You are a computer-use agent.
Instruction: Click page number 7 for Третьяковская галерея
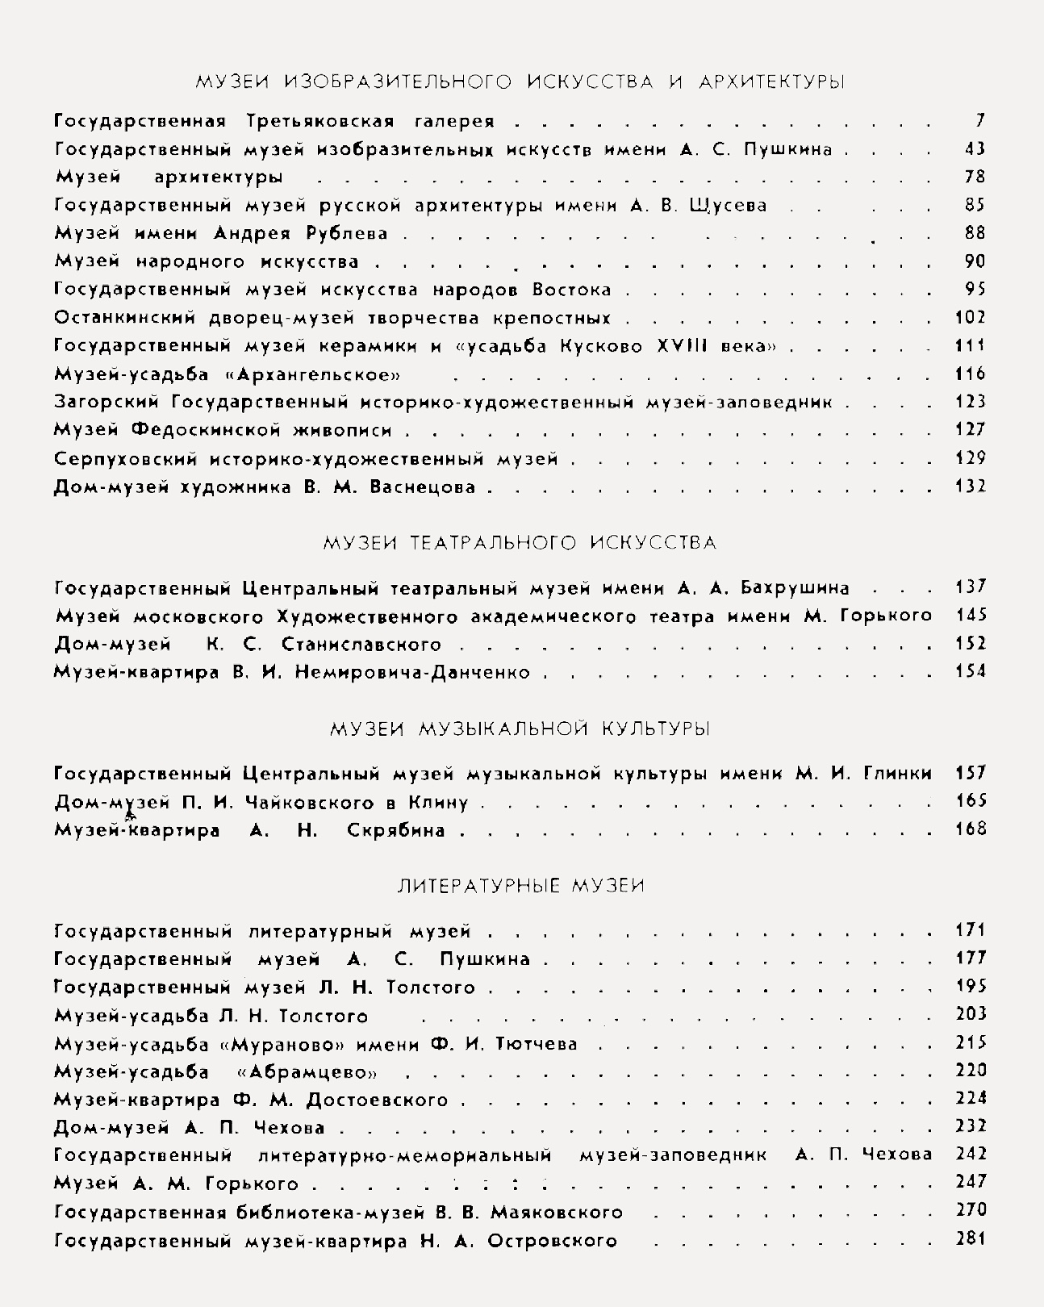click(x=979, y=121)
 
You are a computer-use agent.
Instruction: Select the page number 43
click(x=975, y=149)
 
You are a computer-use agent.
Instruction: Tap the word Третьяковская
click(x=320, y=122)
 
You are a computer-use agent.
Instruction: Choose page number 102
click(x=971, y=317)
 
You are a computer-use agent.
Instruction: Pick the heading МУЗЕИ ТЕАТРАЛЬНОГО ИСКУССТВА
click(x=520, y=542)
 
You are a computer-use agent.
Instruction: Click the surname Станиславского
click(x=361, y=644)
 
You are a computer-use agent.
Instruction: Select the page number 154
click(x=971, y=671)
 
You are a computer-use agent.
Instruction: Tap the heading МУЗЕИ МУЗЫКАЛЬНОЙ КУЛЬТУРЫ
click(x=520, y=729)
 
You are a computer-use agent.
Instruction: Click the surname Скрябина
click(x=395, y=829)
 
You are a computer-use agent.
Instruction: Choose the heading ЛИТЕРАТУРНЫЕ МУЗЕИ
click(x=521, y=885)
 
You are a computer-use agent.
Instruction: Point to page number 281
click(x=971, y=1238)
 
